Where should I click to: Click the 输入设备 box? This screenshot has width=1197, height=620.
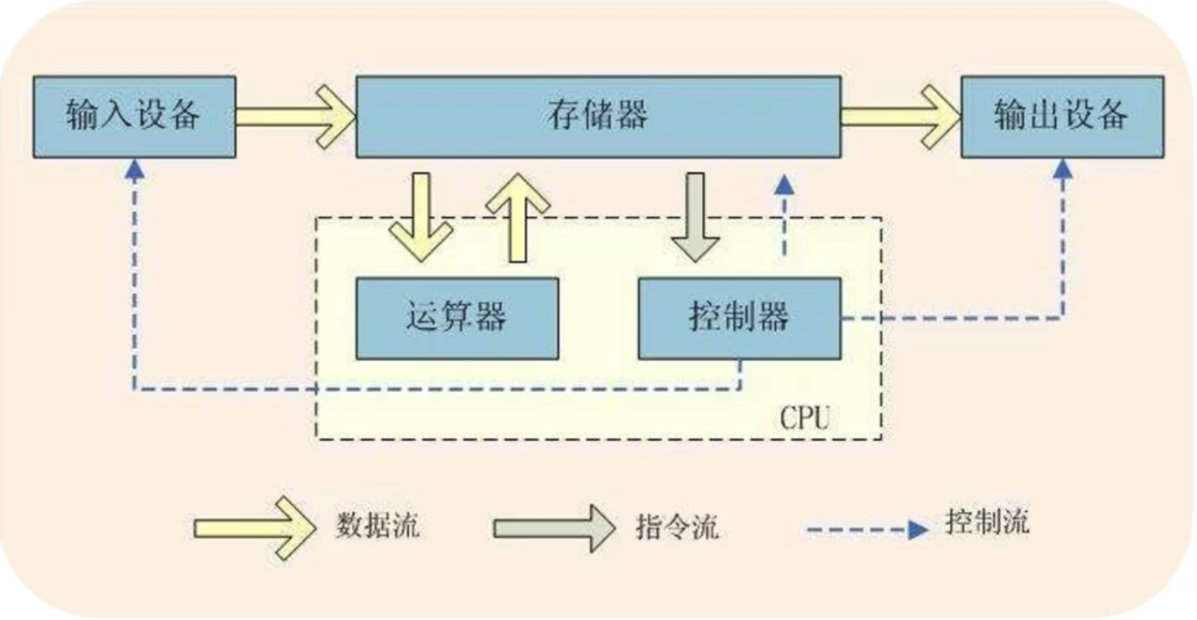pyautogui.click(x=134, y=117)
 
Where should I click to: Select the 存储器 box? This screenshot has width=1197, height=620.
pyautogui.click(x=598, y=117)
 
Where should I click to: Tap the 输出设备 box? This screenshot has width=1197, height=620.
pyautogui.click(x=1062, y=117)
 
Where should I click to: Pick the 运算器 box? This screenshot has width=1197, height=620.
pyautogui.click(x=457, y=318)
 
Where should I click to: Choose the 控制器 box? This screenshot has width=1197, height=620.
pyautogui.click(x=739, y=318)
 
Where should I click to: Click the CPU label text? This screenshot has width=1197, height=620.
pyautogui.click(x=805, y=418)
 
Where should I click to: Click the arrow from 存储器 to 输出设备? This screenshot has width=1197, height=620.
pyautogui.click(x=900, y=117)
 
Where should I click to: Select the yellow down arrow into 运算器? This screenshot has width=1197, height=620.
pyautogui.click(x=421, y=218)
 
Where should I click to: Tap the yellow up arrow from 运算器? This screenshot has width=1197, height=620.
pyautogui.click(x=518, y=218)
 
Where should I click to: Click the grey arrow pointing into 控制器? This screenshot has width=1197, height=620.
pyautogui.click(x=695, y=218)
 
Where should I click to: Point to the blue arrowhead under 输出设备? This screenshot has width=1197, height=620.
pyautogui.click(x=1062, y=169)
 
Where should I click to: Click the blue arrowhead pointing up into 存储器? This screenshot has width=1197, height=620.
pyautogui.click(x=785, y=184)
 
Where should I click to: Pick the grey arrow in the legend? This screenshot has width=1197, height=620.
pyautogui.click(x=553, y=528)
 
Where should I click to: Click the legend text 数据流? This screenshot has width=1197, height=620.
pyautogui.click(x=377, y=526)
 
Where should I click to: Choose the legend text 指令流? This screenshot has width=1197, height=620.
pyautogui.click(x=676, y=527)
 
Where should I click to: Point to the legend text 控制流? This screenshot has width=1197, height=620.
pyautogui.click(x=987, y=521)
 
